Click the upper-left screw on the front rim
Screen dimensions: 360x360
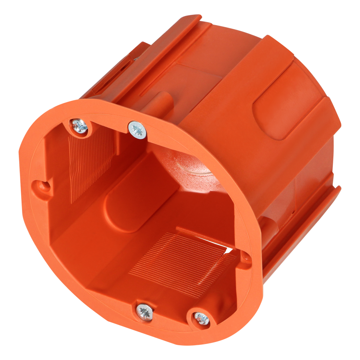79,126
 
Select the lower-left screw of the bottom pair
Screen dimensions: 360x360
144,310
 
